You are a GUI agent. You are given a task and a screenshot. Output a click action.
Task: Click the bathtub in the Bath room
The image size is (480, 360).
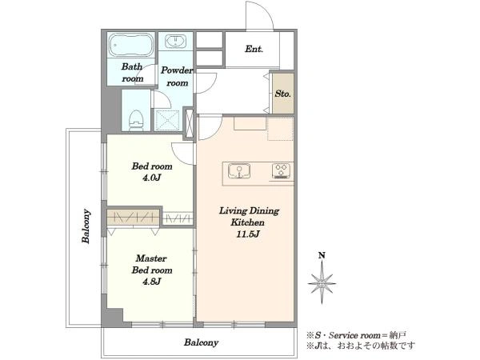[131, 45]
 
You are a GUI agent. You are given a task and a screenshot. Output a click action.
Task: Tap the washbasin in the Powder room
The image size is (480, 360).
[175, 42]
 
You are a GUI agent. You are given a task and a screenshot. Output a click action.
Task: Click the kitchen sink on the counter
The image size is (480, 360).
[239, 171]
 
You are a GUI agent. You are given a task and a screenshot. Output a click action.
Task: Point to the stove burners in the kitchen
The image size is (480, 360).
[281, 171]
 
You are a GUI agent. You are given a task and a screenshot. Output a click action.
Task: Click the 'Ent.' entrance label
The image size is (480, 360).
[254, 49]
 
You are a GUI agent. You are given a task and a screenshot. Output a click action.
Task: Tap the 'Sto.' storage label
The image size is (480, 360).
[282, 94]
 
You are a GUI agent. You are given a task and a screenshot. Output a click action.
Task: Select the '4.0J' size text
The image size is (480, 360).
[151, 178]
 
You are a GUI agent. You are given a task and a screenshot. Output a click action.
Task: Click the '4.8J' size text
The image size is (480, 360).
[151, 282]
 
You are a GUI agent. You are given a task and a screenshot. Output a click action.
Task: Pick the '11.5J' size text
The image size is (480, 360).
[248, 234]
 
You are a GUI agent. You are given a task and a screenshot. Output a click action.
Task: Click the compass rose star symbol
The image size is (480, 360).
[322, 284]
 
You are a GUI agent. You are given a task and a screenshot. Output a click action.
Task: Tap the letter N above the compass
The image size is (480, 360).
[322, 255]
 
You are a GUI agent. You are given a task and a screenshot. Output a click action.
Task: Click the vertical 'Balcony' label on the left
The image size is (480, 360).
[86, 226]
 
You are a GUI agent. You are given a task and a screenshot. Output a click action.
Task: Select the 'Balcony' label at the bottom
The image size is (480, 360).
[201, 342]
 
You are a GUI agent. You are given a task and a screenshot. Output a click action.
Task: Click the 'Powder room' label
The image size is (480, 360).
[177, 77]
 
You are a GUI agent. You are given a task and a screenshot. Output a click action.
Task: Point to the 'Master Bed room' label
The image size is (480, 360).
[152, 264]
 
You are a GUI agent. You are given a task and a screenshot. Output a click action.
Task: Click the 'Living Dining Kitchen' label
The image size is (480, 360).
[249, 217]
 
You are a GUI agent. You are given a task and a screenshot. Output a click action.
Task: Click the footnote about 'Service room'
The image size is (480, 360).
[357, 335]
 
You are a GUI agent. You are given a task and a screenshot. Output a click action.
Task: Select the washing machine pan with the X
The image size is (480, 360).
[167, 121]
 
